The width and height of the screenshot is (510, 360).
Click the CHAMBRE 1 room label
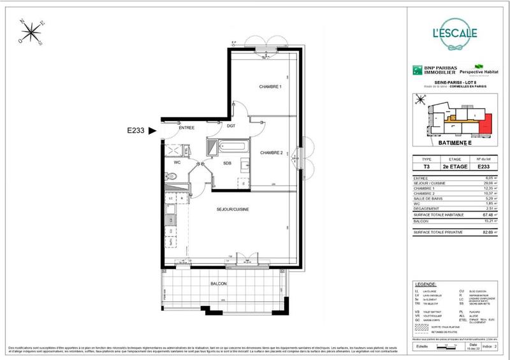270,87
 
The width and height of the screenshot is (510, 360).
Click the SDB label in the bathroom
227,163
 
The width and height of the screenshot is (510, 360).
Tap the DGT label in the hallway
231,127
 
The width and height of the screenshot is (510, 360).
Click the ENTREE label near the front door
186,128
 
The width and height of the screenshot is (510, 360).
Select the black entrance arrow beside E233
152,132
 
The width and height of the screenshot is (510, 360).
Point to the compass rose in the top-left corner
30,32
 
